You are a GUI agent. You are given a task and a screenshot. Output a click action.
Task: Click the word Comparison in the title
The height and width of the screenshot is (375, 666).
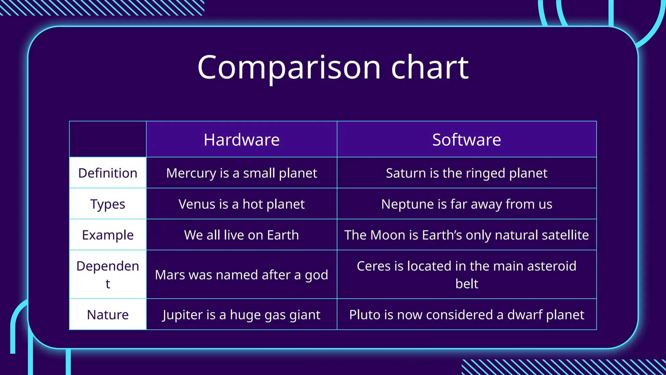click(289, 67)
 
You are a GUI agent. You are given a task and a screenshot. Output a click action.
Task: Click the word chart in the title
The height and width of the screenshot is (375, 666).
click(430, 67)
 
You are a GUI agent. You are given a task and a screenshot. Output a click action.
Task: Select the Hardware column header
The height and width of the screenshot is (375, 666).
click(241, 140)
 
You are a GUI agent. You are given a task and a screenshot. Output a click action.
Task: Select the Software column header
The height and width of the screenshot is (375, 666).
click(466, 140)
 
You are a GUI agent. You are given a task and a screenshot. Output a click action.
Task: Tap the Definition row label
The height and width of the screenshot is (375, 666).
click(108, 173)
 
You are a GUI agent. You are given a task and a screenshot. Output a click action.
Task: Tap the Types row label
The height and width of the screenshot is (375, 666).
click(108, 204)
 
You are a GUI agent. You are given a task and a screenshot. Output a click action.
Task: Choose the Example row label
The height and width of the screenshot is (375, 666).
click(108, 235)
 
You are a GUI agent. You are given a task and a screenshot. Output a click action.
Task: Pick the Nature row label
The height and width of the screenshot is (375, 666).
click(108, 315)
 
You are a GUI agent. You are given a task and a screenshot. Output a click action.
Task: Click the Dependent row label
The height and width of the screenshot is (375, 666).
click(108, 274)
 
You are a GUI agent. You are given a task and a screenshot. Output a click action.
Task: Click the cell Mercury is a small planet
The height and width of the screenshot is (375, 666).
click(241, 173)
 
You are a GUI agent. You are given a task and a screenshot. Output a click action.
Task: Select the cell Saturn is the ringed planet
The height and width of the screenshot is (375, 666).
click(466, 173)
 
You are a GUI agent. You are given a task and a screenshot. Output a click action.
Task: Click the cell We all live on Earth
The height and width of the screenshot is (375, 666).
click(241, 235)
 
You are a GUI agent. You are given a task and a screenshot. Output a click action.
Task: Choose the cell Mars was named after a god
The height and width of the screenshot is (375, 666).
click(241, 275)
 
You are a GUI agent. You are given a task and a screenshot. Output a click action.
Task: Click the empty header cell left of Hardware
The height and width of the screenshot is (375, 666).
click(108, 139)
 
